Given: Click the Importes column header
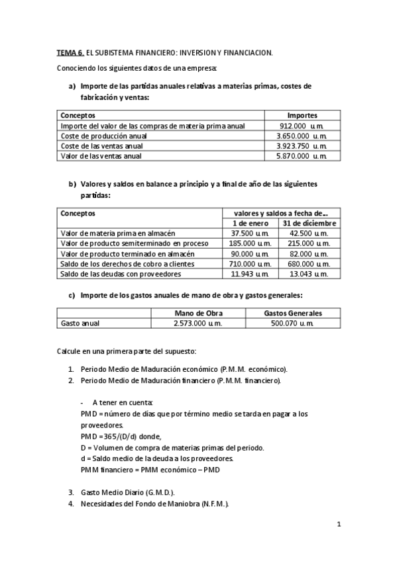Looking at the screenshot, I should [302, 114].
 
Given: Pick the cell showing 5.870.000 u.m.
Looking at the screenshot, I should [302, 156].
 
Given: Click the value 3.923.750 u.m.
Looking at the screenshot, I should [302, 146].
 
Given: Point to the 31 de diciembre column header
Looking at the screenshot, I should [310, 223].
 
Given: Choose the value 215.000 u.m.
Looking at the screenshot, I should [310, 243].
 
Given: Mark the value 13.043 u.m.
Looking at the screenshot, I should [310, 274].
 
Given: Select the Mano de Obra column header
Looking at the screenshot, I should [198, 313].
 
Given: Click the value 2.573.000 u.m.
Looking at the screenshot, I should [198, 323].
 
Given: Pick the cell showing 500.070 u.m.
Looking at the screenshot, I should [293, 323].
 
